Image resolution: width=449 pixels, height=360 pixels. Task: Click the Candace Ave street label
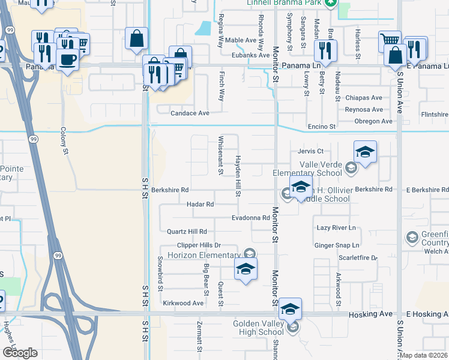190,113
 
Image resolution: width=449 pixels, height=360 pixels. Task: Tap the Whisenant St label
221,154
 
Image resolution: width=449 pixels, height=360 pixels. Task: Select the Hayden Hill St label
238,175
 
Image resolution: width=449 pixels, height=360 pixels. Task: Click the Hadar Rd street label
200,204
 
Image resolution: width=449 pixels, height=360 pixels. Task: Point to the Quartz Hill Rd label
187,231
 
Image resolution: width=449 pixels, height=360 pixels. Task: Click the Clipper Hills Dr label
199,245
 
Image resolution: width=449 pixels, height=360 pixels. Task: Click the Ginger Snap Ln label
337,245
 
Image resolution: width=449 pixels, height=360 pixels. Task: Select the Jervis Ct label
310,151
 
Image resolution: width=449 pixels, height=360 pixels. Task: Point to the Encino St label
321,127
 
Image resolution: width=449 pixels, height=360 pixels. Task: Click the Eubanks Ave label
250,55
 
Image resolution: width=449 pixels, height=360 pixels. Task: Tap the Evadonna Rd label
251,218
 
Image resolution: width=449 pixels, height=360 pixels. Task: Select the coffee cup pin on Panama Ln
67,60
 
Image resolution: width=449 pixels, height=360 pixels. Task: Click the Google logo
20,352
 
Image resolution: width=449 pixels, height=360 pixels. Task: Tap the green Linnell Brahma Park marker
330,3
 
